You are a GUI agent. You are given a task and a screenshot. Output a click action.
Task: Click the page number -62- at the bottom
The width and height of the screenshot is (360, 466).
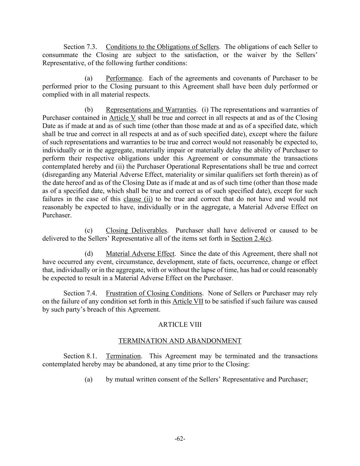(x=180, y=439)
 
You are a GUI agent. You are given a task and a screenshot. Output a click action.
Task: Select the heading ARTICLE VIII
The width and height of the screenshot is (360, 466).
(x=180, y=324)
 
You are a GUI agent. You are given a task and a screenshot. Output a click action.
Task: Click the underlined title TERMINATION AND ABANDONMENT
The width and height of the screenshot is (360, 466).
(x=180, y=341)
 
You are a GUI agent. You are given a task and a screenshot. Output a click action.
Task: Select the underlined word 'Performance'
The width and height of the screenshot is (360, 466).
(x=124, y=79)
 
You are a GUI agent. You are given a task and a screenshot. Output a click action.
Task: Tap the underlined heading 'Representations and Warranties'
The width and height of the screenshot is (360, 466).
(x=151, y=110)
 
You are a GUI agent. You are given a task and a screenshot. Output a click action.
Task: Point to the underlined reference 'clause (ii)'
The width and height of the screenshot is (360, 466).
(x=138, y=199)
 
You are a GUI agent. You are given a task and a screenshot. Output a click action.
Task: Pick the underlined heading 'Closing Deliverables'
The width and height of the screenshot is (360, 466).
(x=136, y=230)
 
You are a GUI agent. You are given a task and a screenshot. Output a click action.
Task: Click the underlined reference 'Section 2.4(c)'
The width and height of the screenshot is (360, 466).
(x=251, y=239)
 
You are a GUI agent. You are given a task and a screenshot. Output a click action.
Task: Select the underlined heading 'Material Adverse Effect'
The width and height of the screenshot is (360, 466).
(x=140, y=254)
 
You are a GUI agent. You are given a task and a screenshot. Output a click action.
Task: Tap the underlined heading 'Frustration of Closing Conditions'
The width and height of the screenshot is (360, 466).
(x=154, y=293)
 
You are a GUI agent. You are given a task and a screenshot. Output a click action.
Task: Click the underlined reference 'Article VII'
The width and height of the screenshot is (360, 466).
(x=188, y=301)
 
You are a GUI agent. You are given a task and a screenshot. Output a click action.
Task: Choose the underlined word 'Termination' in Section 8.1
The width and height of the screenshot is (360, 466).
(x=123, y=356)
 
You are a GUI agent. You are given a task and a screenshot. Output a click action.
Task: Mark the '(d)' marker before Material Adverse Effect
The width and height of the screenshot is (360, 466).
(x=89, y=254)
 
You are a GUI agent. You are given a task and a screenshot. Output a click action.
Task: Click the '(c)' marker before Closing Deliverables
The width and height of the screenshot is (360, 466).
(x=89, y=230)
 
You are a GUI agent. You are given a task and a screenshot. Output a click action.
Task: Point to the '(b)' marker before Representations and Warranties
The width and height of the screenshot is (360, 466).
(x=89, y=110)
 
